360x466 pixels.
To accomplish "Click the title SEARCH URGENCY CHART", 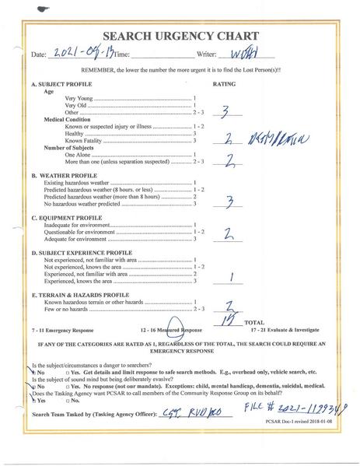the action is pos(180,36).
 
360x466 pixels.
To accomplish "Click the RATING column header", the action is pos(224,83).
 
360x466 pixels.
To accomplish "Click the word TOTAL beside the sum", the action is pos(253,321).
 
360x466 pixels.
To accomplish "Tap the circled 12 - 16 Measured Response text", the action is pos(168,330).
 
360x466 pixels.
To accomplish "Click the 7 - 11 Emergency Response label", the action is pos(61,330).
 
